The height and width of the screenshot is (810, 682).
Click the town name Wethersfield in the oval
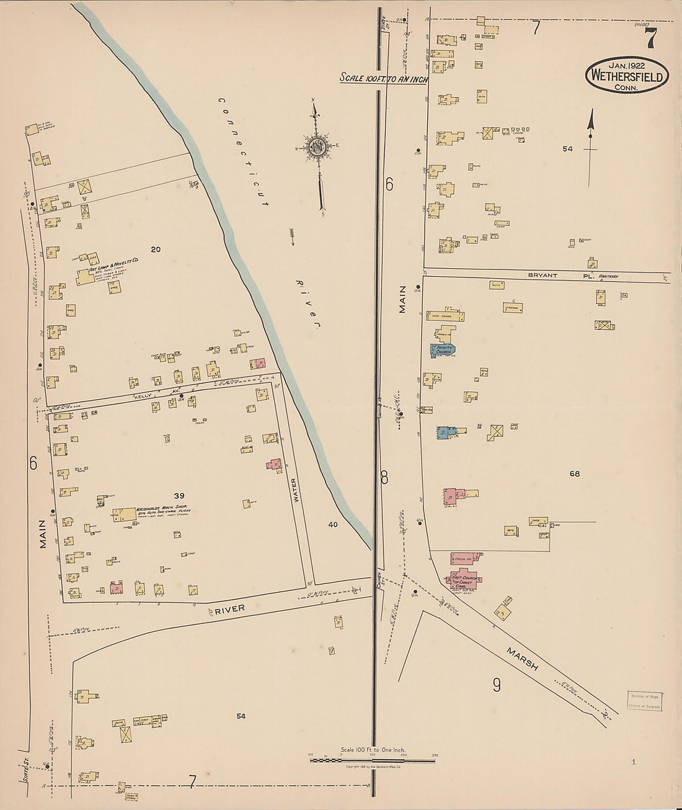[x=627, y=77]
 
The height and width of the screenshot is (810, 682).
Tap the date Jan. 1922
[x=627, y=65]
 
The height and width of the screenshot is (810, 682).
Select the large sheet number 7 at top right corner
[x=650, y=38]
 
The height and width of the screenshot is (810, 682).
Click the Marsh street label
[x=522, y=659]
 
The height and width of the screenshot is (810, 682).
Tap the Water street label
[x=295, y=490]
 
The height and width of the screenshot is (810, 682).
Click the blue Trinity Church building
[x=443, y=350]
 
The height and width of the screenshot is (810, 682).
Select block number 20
[x=155, y=250]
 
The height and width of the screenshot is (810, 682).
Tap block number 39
[x=179, y=495]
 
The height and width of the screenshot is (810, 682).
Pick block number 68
[x=574, y=474]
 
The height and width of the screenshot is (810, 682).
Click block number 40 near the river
[x=333, y=524]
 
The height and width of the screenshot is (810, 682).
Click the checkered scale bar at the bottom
[x=372, y=760]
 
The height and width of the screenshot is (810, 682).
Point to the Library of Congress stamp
[x=644, y=701]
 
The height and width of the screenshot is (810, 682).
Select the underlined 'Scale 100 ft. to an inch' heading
[x=383, y=79]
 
